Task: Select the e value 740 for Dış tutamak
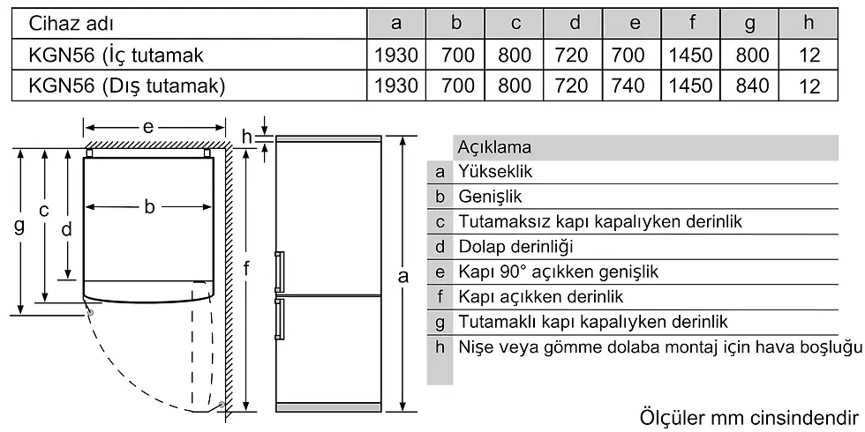click(628, 86)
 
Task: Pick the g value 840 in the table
click(752, 86)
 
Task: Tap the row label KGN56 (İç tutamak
click(116, 55)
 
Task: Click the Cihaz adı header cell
click(71, 23)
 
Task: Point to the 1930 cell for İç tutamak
click(396, 55)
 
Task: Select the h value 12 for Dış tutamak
click(809, 86)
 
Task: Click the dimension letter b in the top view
click(149, 207)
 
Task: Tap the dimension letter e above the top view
click(148, 128)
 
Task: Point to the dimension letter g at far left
click(19, 227)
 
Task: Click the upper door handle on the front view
click(279, 272)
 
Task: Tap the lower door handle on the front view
click(279, 319)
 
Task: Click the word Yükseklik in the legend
click(495, 171)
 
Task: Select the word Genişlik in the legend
click(489, 197)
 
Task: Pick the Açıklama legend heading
click(494, 147)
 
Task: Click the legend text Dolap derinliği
click(515, 246)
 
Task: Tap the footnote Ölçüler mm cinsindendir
click(749, 416)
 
